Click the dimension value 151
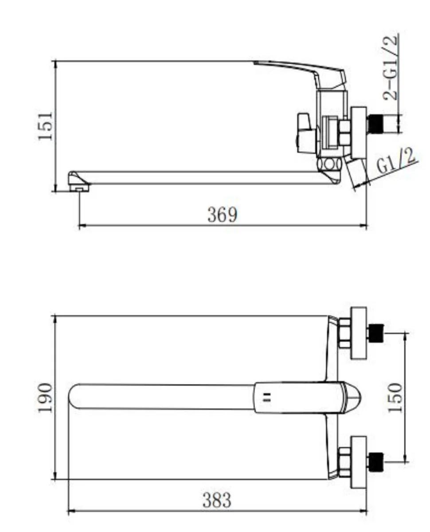coord(45,126)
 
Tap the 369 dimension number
coord(222,214)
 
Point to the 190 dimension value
coord(45,397)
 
